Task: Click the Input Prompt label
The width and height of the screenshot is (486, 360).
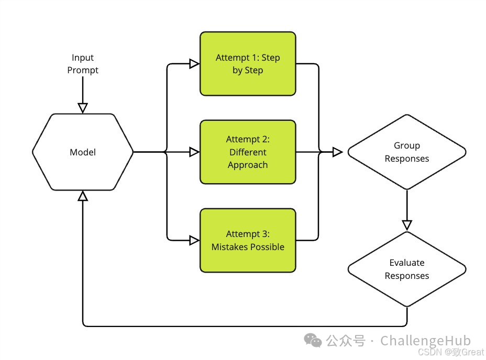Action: coord(83,64)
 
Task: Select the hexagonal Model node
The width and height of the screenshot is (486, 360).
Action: coord(83,152)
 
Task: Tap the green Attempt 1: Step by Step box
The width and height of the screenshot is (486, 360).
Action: coord(248,64)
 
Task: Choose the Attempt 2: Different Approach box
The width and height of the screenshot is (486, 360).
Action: coord(248,152)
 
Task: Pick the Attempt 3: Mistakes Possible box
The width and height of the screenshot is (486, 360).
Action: coord(248,241)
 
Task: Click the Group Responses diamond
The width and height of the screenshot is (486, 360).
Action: coord(407,152)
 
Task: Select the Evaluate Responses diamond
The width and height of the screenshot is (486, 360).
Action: coord(407,269)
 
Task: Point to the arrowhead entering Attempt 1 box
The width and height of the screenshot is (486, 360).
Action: coord(194,64)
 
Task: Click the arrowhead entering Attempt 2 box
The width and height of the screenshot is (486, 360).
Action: coord(194,152)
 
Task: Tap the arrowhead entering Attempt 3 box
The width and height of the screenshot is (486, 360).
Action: coord(194,241)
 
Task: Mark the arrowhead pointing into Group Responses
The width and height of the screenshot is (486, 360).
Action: coord(337,152)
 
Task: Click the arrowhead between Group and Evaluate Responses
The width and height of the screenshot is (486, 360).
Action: coord(407,225)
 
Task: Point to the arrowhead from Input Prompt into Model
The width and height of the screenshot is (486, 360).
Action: coord(83,108)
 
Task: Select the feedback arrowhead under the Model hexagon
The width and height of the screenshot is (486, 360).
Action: coord(83,196)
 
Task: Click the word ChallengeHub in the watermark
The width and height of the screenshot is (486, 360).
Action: coord(425,341)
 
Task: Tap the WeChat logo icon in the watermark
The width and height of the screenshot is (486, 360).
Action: coord(314,341)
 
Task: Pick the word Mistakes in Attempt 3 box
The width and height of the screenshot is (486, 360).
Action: coord(228,247)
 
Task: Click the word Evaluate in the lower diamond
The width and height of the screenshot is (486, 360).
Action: coord(407,263)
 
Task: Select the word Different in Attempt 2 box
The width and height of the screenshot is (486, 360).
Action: coord(248,152)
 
